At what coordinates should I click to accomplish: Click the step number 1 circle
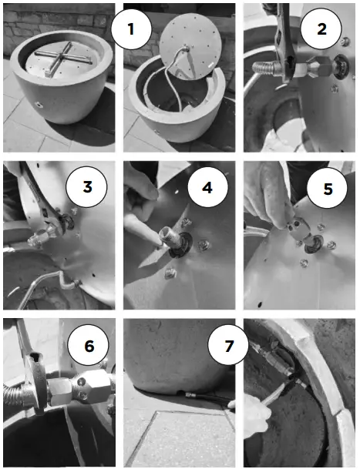coord(131,28)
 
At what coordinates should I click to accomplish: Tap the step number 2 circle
coord(321,28)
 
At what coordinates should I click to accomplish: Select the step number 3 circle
coord(86,186)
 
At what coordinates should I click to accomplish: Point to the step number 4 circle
coord(208,188)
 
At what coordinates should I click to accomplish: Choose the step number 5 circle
coord(328,188)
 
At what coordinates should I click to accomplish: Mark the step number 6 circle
coord(89,345)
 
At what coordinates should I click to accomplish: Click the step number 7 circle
coord(228,346)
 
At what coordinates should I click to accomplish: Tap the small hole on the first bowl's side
coord(38,105)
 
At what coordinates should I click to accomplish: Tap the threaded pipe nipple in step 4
coord(170,238)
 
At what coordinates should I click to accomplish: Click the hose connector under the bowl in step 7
coord(190,395)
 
